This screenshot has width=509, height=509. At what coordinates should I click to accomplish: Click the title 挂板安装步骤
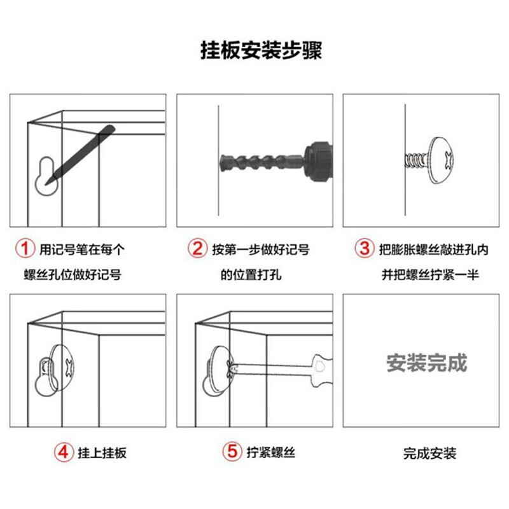pyautogui.click(x=261, y=50)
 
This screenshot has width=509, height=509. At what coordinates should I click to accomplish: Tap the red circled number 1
pyautogui.click(x=25, y=249)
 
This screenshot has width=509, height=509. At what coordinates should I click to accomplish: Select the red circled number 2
pyautogui.click(x=197, y=249)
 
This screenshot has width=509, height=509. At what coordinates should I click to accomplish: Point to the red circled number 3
pyautogui.click(x=364, y=249)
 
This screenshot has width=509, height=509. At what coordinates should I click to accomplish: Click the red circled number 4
pyautogui.click(x=63, y=452)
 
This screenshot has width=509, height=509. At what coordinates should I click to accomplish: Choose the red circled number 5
pyautogui.click(x=232, y=452)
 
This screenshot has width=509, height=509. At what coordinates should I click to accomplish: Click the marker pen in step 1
pyautogui.click(x=80, y=155)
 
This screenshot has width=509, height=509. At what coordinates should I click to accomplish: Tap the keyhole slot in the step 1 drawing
pyautogui.click(x=47, y=176)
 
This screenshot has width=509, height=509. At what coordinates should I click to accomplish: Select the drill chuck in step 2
pyautogui.click(x=319, y=162)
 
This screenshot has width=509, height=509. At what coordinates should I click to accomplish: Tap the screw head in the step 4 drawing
pyautogui.click(x=62, y=368)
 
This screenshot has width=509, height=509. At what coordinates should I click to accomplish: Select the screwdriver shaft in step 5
pyautogui.click(x=272, y=368)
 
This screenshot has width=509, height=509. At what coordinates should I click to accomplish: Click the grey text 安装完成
pyautogui.click(x=426, y=363)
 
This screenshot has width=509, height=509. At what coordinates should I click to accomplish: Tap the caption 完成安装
pyautogui.click(x=430, y=454)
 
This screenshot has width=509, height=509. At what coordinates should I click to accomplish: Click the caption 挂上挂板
pyautogui.click(x=102, y=453)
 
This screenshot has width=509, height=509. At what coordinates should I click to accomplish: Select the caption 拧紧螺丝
pyautogui.click(x=271, y=452)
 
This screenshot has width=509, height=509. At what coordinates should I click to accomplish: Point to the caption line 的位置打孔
pyautogui.click(x=251, y=275)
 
